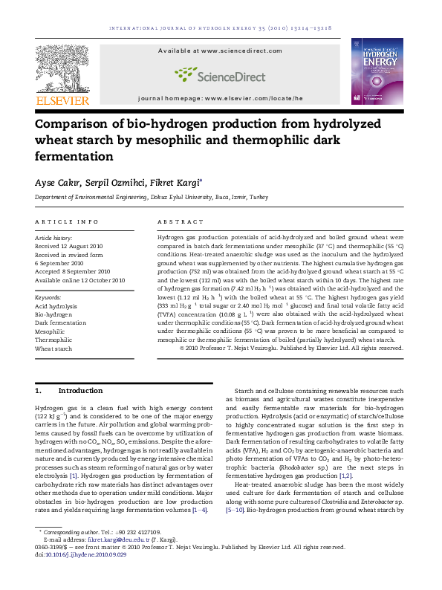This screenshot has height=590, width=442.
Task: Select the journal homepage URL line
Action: pyautogui.click(x=221, y=98)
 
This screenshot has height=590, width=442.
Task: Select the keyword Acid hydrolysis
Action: pyautogui.click(x=56, y=306)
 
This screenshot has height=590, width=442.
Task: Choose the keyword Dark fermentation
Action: pyautogui.click(x=60, y=323)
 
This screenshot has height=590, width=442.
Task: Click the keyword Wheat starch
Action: pyautogui.click(x=53, y=349)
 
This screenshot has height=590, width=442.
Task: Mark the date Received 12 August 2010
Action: pyautogui.click(x=69, y=246)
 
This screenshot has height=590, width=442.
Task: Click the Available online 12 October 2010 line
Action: pyautogui.click(x=80, y=280)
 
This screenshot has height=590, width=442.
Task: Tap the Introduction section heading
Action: pyautogui.click(x=80, y=391)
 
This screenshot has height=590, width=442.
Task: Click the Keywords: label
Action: pyautogui.click(x=48, y=297)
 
